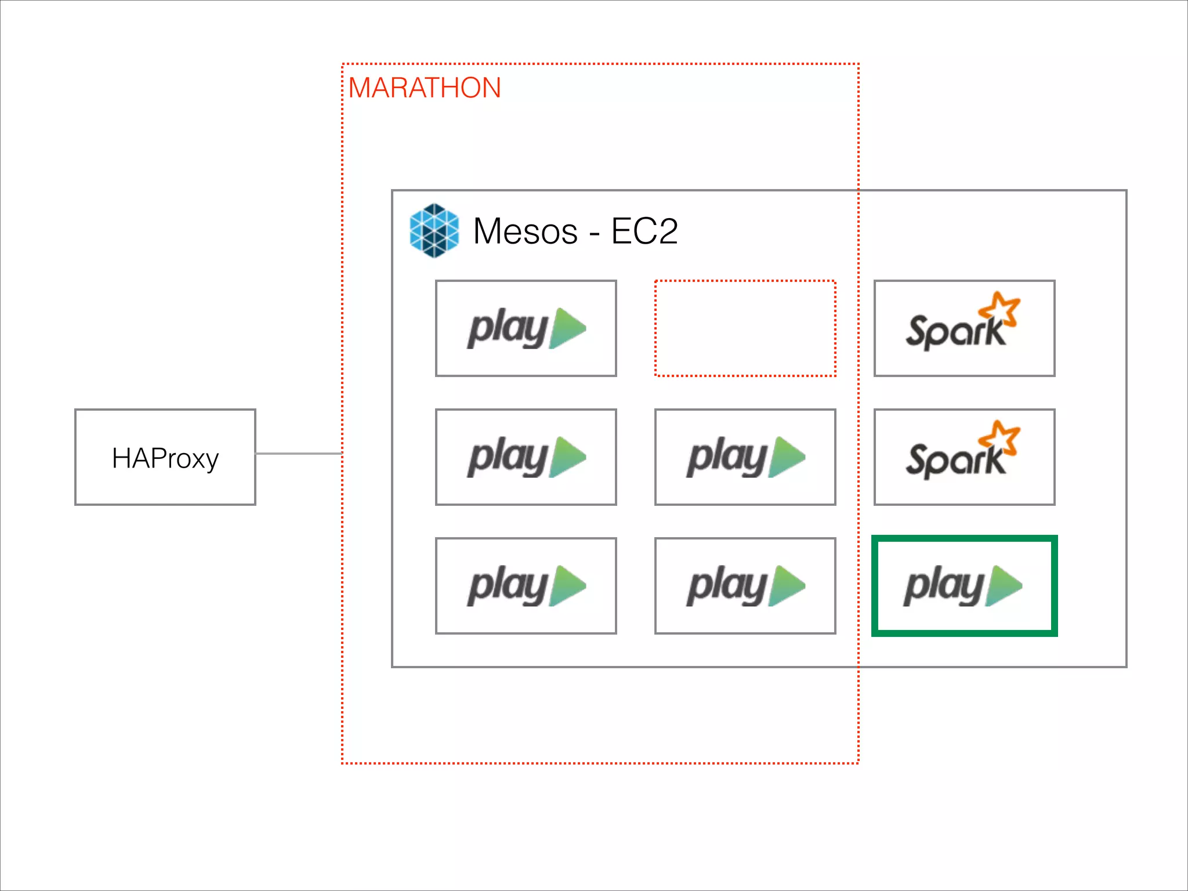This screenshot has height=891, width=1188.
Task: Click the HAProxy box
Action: tap(165, 457)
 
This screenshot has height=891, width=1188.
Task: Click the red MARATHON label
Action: tap(424, 88)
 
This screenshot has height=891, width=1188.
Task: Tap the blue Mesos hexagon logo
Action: tap(434, 230)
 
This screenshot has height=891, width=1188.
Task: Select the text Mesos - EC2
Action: tap(575, 231)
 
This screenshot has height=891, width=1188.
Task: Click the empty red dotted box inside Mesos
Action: tap(745, 328)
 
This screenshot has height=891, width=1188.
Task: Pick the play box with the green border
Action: tap(964, 586)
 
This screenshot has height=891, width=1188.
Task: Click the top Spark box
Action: tap(964, 328)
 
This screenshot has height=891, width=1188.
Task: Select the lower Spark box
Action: tap(964, 457)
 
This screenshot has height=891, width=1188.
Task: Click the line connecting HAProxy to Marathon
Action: tap(299, 454)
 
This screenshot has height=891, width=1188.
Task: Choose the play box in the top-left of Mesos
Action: tap(526, 328)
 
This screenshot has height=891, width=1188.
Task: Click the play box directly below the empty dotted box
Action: tap(745, 457)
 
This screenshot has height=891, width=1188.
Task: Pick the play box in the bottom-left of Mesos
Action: tap(526, 586)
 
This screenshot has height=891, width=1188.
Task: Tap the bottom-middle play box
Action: tap(745, 586)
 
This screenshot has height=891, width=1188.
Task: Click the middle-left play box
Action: tap(526, 457)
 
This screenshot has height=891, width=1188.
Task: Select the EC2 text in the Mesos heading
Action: tap(644, 231)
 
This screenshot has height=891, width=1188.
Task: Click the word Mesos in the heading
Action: tap(525, 231)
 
